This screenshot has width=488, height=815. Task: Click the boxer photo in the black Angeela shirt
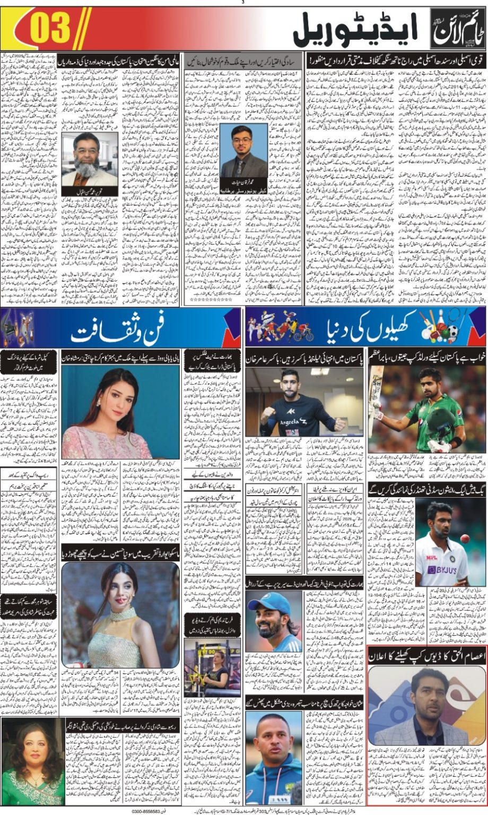[x=304, y=402]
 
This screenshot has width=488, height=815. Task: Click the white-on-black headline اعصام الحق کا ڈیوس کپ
[x=426, y=655]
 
